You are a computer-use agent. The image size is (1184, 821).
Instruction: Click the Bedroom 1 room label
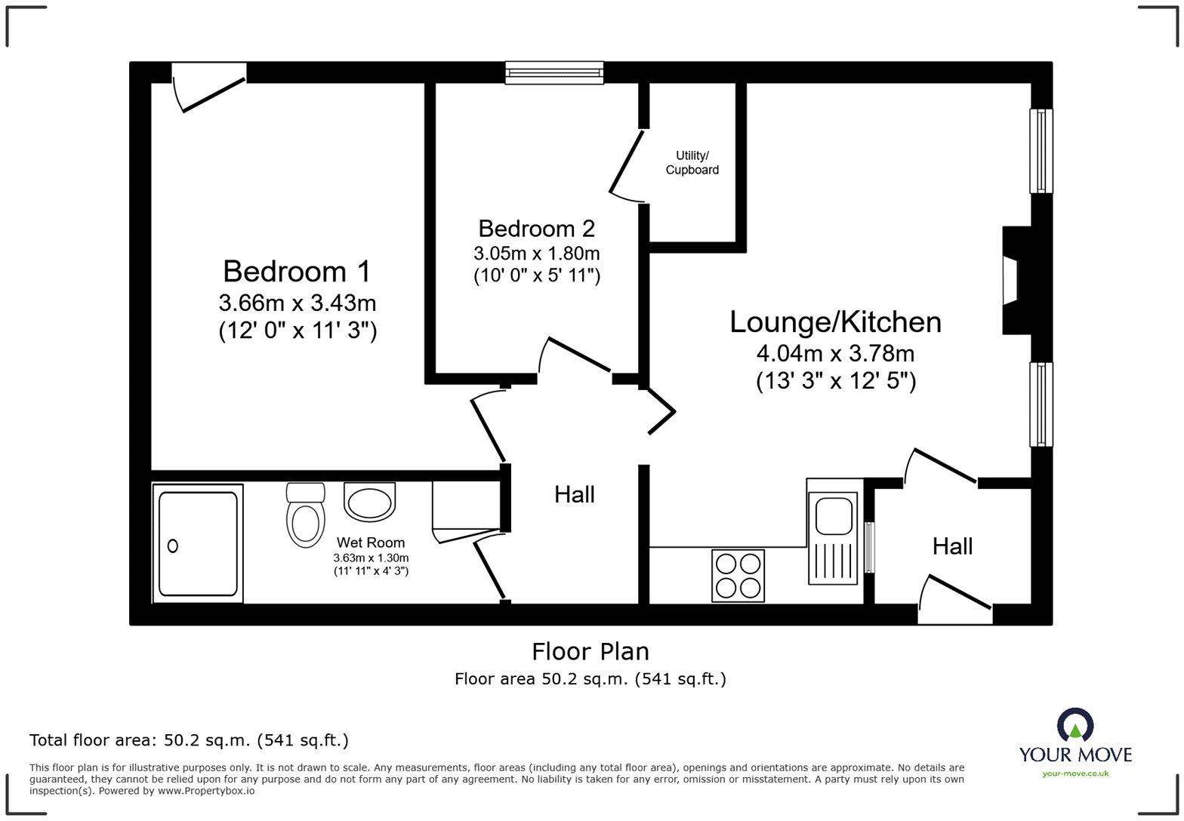[x=297, y=272]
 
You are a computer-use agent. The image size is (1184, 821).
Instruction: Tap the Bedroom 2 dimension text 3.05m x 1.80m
[x=536, y=254]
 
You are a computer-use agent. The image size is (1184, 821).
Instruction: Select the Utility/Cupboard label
[x=692, y=163]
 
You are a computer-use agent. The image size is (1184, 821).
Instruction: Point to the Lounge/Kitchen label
[x=835, y=321]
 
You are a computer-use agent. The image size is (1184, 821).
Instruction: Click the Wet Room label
[x=371, y=543]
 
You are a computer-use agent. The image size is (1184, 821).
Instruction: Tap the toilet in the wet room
[x=306, y=515]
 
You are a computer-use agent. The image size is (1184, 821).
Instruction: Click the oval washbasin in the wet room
[x=369, y=502]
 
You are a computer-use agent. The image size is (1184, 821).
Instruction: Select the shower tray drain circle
[x=173, y=546]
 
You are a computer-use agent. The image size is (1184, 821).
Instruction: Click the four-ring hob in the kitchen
[x=738, y=576]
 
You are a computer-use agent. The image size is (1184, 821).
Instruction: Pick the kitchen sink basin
[x=834, y=515]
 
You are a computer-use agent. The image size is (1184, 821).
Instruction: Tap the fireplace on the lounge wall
[x=1016, y=281]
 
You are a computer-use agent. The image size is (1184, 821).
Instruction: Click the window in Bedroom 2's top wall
[x=554, y=72]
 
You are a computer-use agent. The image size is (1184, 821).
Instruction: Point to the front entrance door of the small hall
[x=955, y=601]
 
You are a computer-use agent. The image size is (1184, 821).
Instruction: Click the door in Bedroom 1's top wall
[x=209, y=88]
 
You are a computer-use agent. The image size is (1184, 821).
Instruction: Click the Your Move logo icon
[x=1075, y=724]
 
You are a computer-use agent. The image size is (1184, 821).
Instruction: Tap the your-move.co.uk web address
[x=1075, y=773]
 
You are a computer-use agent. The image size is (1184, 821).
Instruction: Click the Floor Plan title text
[x=590, y=651]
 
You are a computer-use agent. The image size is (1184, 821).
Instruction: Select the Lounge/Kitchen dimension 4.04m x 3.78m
[x=835, y=353]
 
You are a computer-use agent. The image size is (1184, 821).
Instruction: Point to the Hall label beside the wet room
[x=575, y=494]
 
